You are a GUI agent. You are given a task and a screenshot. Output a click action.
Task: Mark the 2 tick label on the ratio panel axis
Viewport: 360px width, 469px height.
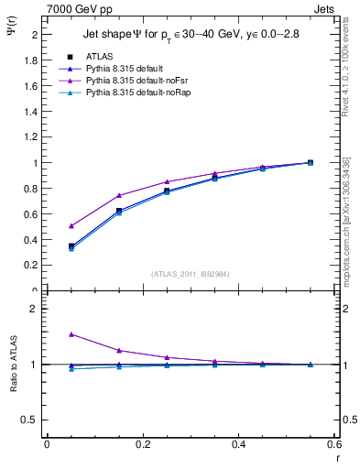pos(34,310)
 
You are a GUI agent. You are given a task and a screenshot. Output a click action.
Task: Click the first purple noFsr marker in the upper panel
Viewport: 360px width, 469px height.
pos(71,225)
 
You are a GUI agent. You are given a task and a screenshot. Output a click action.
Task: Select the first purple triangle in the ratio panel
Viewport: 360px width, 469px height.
pos(71,334)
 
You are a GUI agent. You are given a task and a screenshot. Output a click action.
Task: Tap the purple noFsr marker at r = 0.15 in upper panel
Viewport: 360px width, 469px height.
pos(119,195)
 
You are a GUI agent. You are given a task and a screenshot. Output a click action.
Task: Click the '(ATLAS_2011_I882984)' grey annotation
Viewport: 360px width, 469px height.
pos(190,274)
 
